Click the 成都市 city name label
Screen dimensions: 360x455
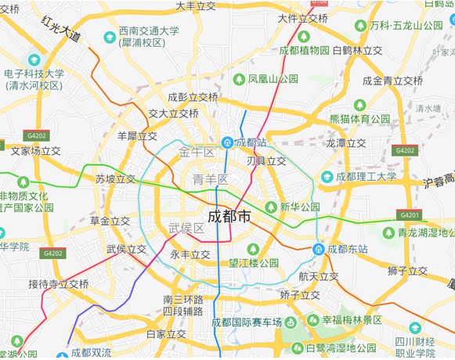pyautogui.click(x=229, y=217)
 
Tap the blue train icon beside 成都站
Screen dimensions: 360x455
pyautogui.click(x=226, y=142)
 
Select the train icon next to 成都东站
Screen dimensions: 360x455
pyautogui.click(x=319, y=249)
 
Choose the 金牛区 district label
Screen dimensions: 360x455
pyautogui.click(x=197, y=151)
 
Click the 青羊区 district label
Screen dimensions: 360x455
pyautogui.click(x=210, y=180)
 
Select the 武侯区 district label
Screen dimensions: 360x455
pyautogui.click(x=186, y=228)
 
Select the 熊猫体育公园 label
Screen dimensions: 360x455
pyautogui.click(x=359, y=119)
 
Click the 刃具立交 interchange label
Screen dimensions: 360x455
pyautogui.click(x=266, y=161)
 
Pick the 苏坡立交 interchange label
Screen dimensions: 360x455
pyautogui.click(x=116, y=179)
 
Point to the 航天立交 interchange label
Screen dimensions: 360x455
pyautogui.click(x=319, y=276)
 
